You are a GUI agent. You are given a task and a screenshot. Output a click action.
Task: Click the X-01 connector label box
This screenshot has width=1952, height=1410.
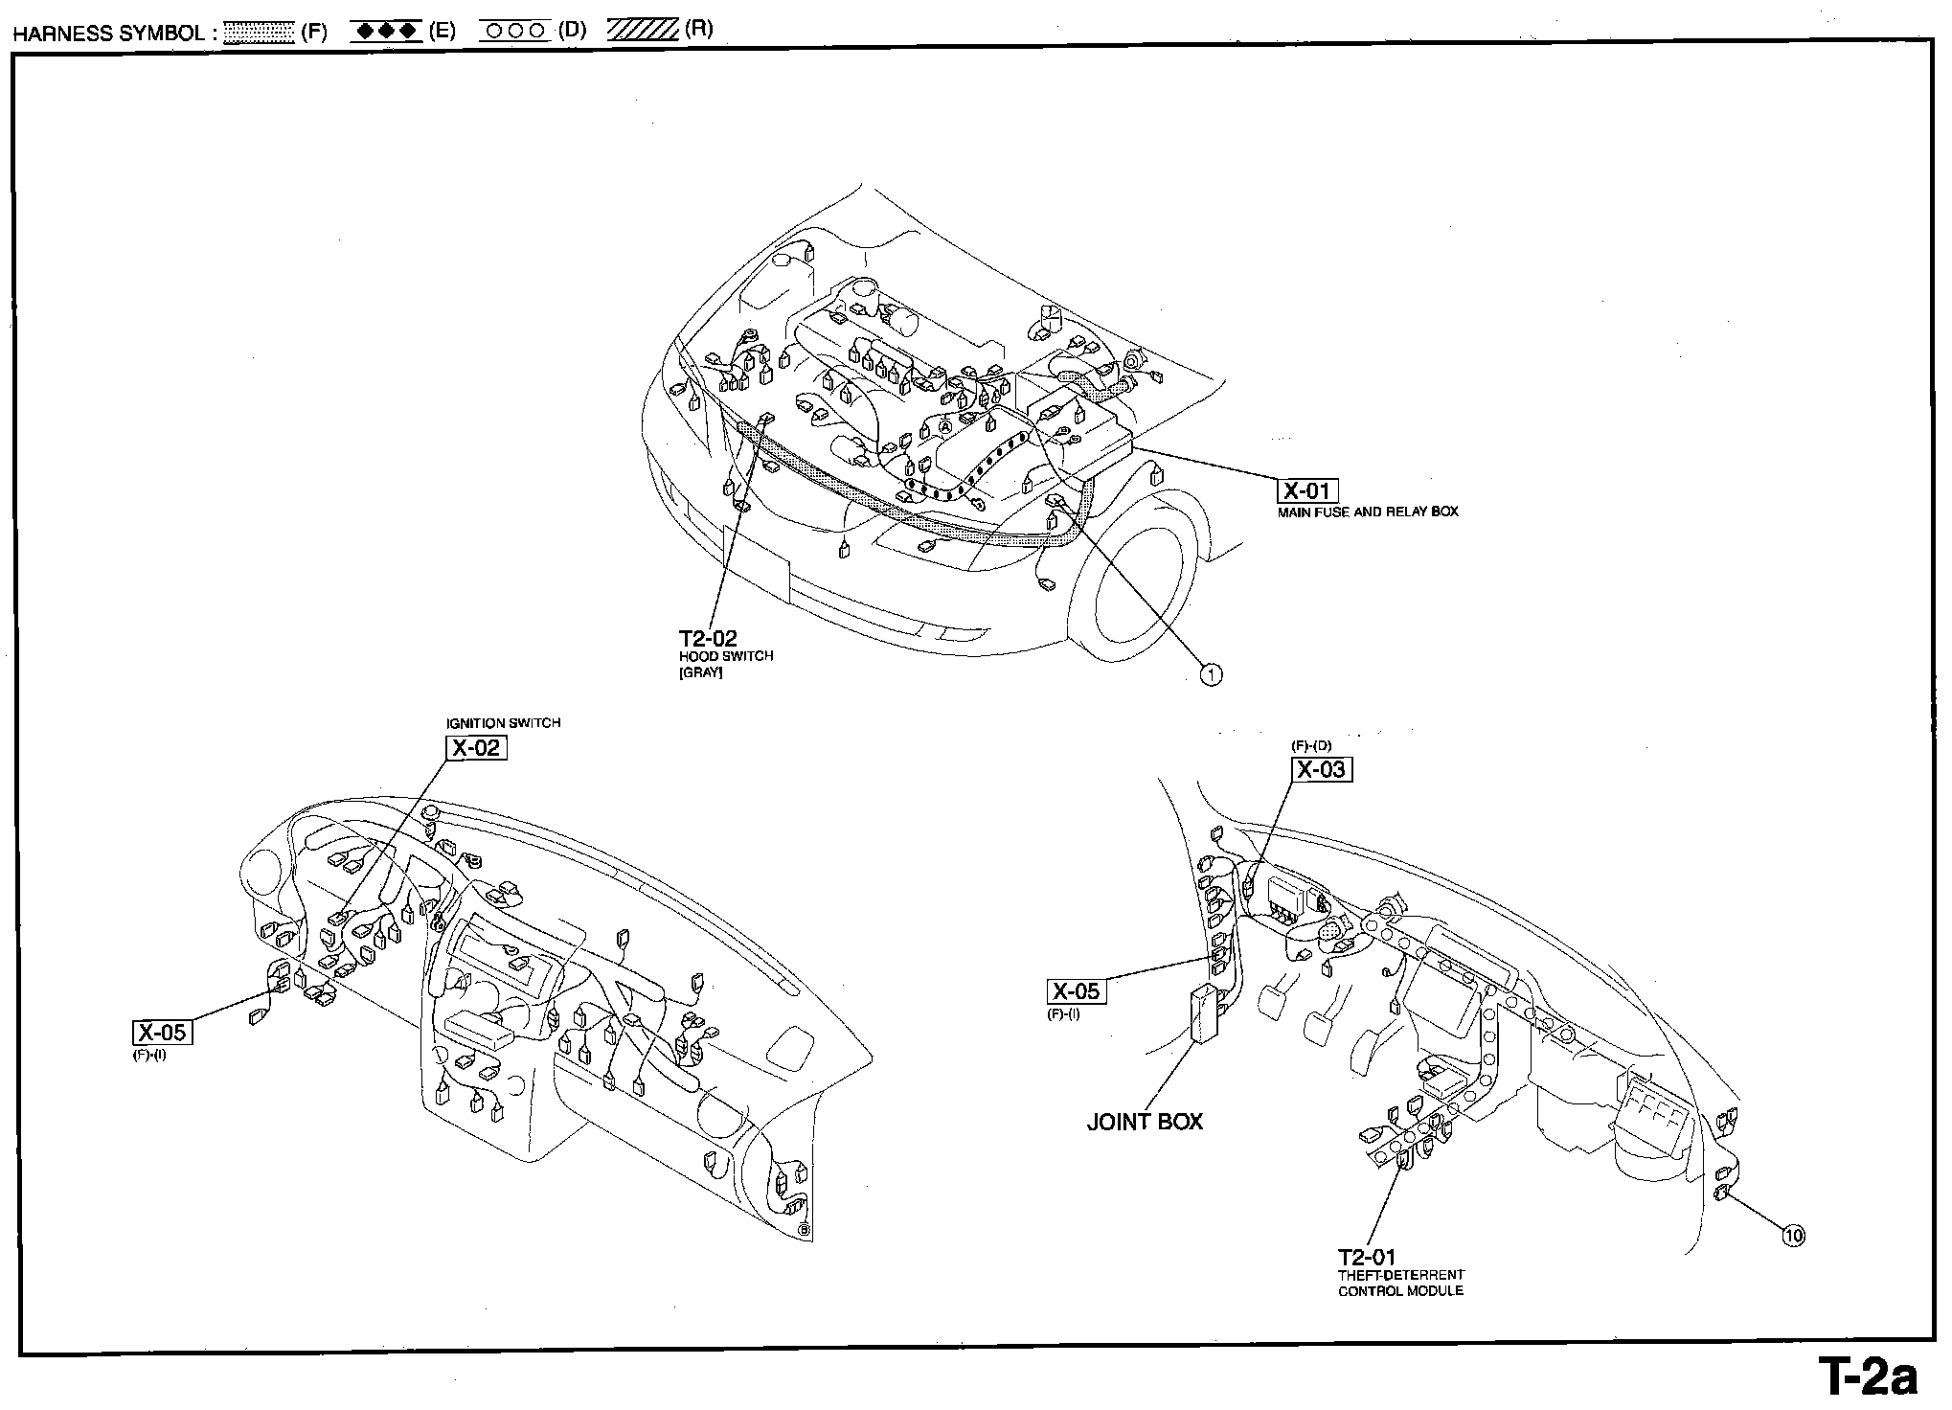click(1307, 491)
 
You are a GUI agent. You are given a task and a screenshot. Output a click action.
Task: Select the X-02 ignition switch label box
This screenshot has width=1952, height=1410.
click(475, 748)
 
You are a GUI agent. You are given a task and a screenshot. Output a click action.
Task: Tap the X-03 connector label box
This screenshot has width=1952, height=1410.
click(1322, 770)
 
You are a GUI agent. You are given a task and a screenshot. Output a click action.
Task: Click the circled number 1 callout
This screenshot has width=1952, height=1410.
click(1211, 675)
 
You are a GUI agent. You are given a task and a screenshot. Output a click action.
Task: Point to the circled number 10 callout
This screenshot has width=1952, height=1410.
click(1793, 1236)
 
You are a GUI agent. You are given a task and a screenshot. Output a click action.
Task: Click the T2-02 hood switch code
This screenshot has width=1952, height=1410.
click(708, 639)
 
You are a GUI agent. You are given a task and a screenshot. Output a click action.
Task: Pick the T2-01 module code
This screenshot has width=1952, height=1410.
click(1367, 1257)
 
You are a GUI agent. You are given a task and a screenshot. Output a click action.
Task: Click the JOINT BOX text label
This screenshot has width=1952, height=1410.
click(1145, 1122)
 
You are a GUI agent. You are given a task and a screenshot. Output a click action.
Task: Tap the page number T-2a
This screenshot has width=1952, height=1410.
click(1868, 1378)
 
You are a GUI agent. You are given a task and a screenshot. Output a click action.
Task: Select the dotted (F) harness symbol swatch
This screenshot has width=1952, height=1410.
click(258, 32)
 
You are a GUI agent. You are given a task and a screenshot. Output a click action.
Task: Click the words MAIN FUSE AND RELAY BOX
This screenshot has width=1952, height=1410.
click(1368, 512)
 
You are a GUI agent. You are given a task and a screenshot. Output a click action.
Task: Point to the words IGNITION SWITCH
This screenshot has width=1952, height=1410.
click(503, 723)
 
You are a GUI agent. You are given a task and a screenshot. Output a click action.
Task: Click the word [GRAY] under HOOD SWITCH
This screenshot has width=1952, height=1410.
click(700, 672)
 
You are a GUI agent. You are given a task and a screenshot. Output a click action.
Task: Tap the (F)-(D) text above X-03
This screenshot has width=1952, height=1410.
click(1311, 745)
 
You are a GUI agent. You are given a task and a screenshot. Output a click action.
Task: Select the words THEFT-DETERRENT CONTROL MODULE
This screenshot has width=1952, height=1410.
click(1400, 1284)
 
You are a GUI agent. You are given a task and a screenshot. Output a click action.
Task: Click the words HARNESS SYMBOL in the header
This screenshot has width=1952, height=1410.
click(107, 34)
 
